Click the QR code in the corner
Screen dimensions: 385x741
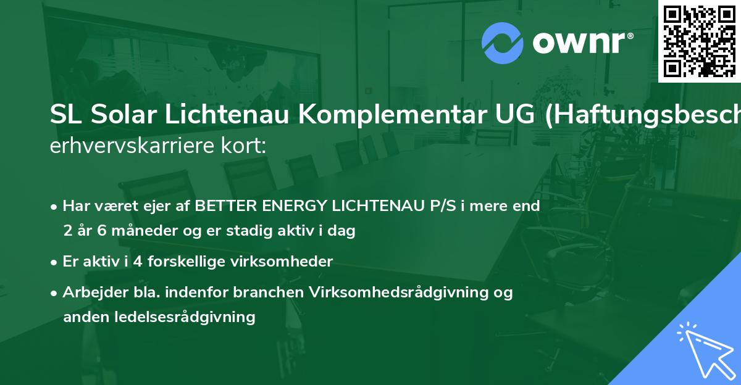click(x=700, y=41)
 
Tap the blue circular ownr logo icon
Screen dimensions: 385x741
click(x=502, y=43)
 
